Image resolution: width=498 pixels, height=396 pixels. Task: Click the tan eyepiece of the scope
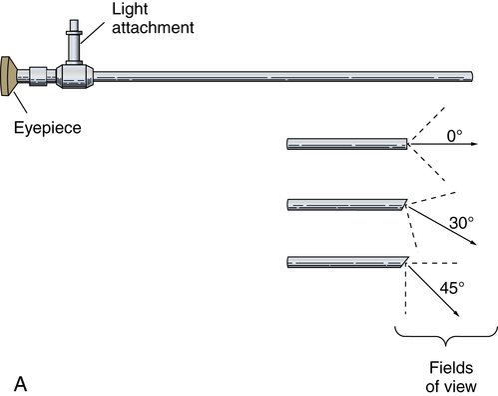click(8, 76)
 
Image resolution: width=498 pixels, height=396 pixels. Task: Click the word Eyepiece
click(48, 128)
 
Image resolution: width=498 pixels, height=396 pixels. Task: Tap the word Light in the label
click(130, 9)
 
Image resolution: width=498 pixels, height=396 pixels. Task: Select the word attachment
click(153, 27)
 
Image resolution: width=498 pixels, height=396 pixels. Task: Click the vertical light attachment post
click(74, 42)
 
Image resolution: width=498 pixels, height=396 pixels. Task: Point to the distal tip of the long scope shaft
click(472, 76)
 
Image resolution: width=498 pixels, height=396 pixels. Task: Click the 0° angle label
click(454, 136)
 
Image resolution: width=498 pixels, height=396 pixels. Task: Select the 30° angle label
click(461, 223)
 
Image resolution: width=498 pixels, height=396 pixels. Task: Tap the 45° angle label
click(452, 288)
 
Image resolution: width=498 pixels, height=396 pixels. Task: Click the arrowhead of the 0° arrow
click(475, 144)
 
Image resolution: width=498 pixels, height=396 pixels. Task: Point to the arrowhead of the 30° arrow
click(474, 243)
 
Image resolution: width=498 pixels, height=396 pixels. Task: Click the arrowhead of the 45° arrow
click(456, 313)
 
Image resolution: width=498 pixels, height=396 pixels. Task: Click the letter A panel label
click(20, 384)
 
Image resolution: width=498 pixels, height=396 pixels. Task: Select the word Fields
click(451, 368)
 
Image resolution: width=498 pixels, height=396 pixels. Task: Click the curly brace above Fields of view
click(446, 337)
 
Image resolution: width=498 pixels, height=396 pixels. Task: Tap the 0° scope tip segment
click(347, 144)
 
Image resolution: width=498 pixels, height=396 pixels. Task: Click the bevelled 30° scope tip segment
click(346, 205)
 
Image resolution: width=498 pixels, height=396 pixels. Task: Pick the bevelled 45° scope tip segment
click(347, 262)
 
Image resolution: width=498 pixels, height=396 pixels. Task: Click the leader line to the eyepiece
click(20, 102)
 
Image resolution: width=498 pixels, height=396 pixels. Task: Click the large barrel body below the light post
click(75, 76)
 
